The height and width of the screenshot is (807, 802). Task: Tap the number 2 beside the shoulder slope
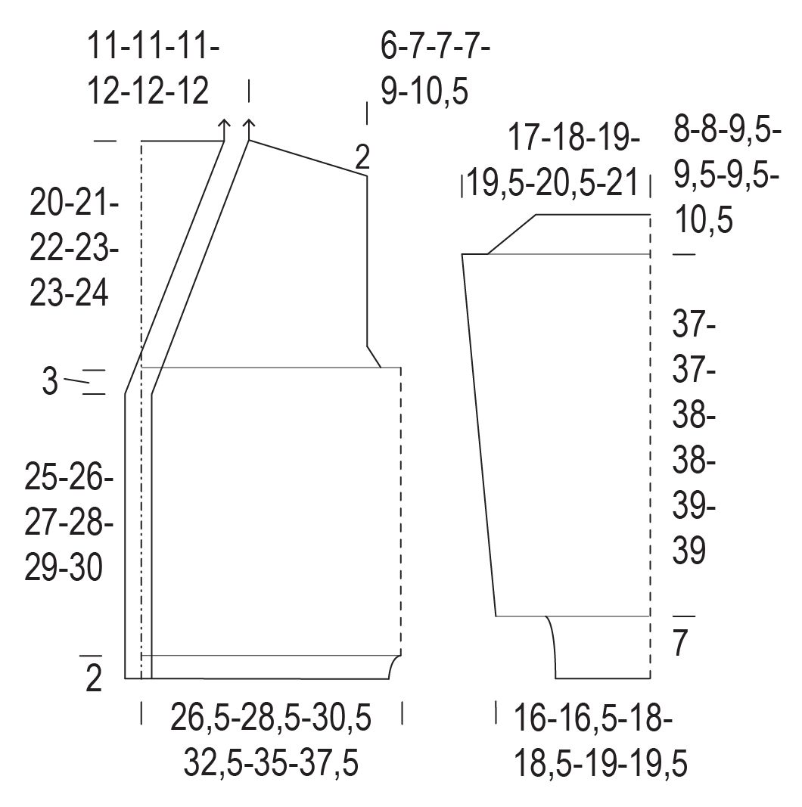click(x=363, y=157)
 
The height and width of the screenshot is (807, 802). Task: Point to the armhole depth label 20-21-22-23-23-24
click(x=74, y=247)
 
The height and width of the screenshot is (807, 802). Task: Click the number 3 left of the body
click(x=50, y=383)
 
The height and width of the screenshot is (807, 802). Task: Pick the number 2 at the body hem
click(x=94, y=679)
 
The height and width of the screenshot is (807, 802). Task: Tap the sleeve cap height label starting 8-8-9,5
click(x=727, y=178)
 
